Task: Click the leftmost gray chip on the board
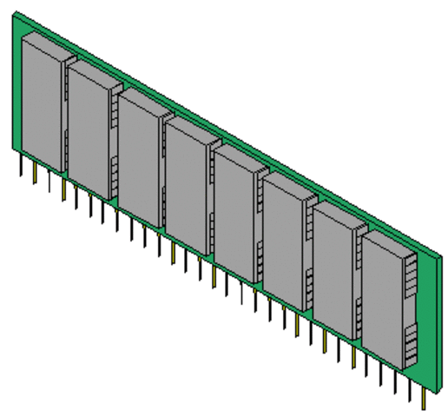(41, 104)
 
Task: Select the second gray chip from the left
(89, 130)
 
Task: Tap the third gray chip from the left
(138, 159)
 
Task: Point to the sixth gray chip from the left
(283, 243)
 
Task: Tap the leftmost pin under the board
(22, 165)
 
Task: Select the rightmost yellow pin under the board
(424, 400)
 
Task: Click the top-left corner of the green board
(15, 16)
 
